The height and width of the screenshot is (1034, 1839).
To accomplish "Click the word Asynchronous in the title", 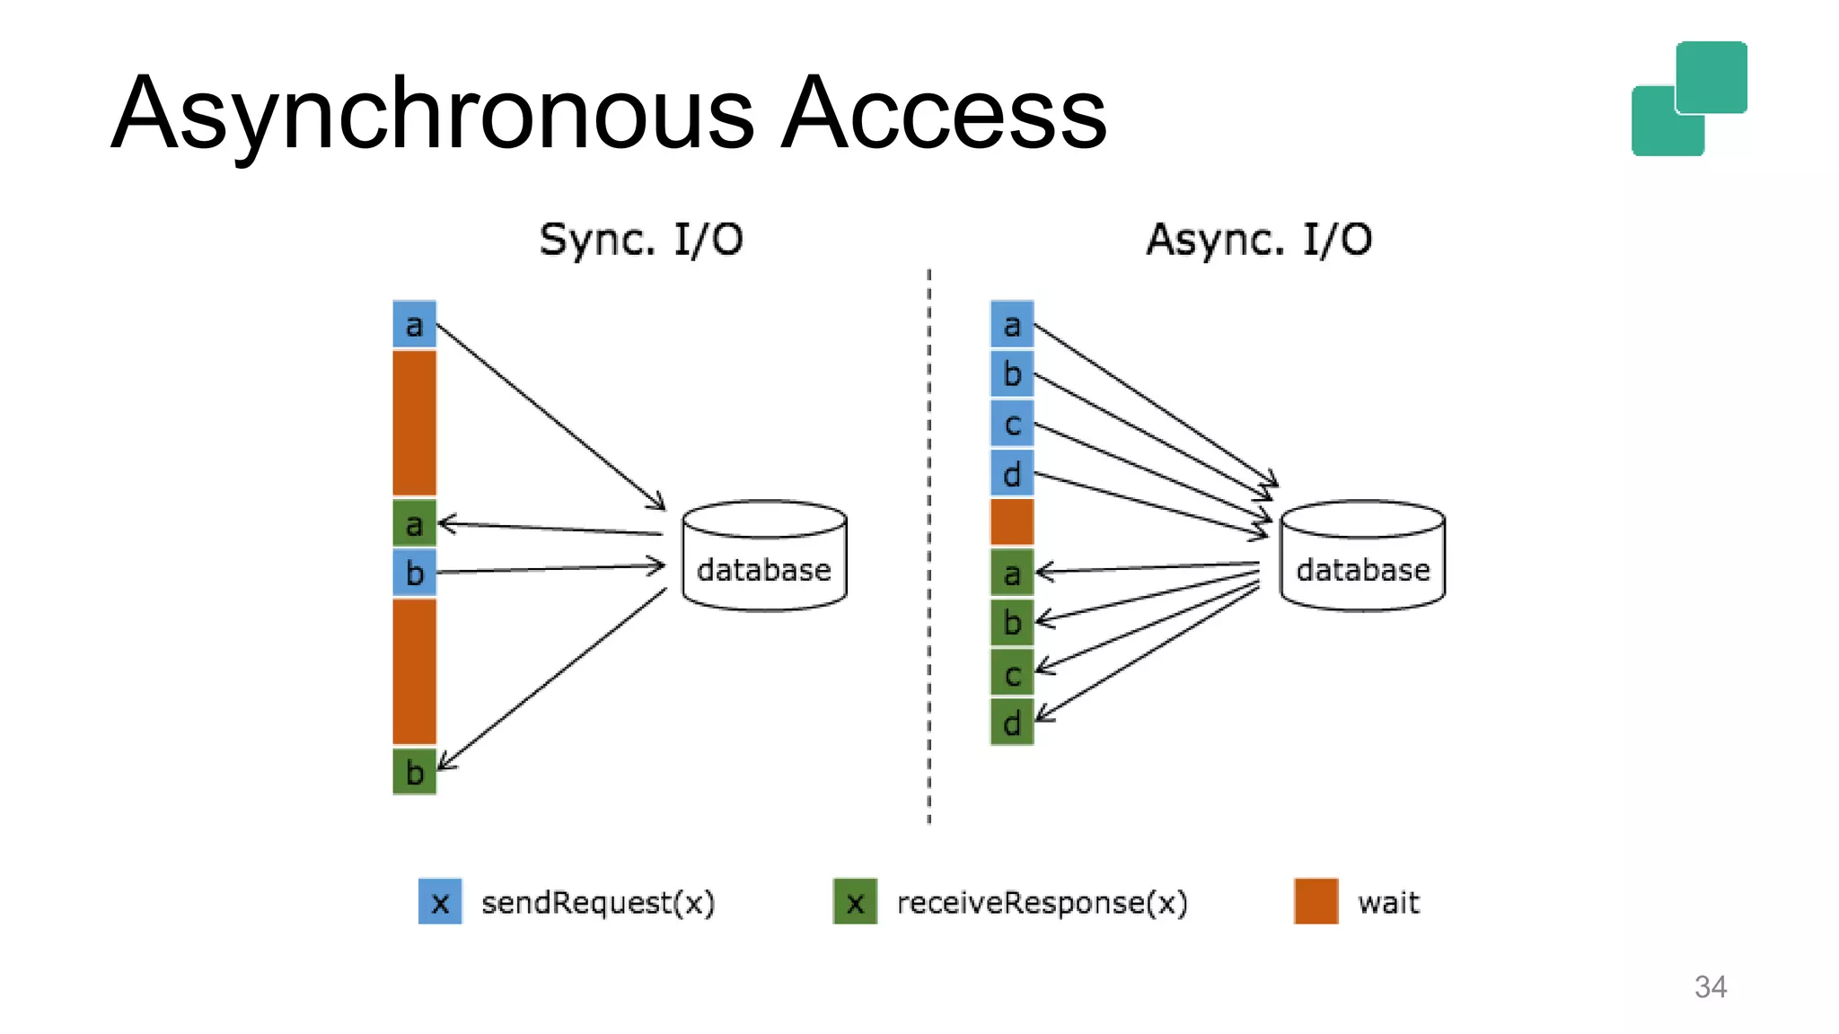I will coord(431,114).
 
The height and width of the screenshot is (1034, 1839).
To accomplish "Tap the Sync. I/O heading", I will coord(641,240).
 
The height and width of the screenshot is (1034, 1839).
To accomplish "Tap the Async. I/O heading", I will coord(1259,240).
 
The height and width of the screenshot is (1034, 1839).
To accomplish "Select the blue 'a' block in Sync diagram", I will coord(414,324).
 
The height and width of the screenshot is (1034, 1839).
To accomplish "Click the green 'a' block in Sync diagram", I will coord(414,523).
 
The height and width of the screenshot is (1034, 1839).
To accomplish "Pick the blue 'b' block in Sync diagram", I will coord(414,573).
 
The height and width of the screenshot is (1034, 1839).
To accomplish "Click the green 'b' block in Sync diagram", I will coord(414,772).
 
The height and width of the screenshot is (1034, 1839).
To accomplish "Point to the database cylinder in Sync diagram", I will coord(764,556).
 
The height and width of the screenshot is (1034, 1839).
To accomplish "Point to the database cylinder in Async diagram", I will coord(1362,556).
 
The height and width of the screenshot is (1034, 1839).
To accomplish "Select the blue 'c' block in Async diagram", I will coord(1012,424).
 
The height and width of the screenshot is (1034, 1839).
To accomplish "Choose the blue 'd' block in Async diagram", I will coord(1012,473).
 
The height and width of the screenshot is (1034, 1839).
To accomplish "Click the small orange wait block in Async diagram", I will coord(1012,522).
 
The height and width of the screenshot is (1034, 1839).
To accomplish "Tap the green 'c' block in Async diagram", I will coord(1012,672).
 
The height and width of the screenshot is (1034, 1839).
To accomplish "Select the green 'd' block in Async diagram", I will coord(1012,722).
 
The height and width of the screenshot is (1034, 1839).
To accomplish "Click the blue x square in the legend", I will coord(440,901).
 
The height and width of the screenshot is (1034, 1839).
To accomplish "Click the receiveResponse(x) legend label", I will coord(1042,902).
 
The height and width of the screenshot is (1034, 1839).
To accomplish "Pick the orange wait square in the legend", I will coord(1315,901).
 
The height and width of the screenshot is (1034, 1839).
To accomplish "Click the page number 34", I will coord(1710,986).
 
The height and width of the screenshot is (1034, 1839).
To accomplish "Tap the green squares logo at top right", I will coord(1689,99).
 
